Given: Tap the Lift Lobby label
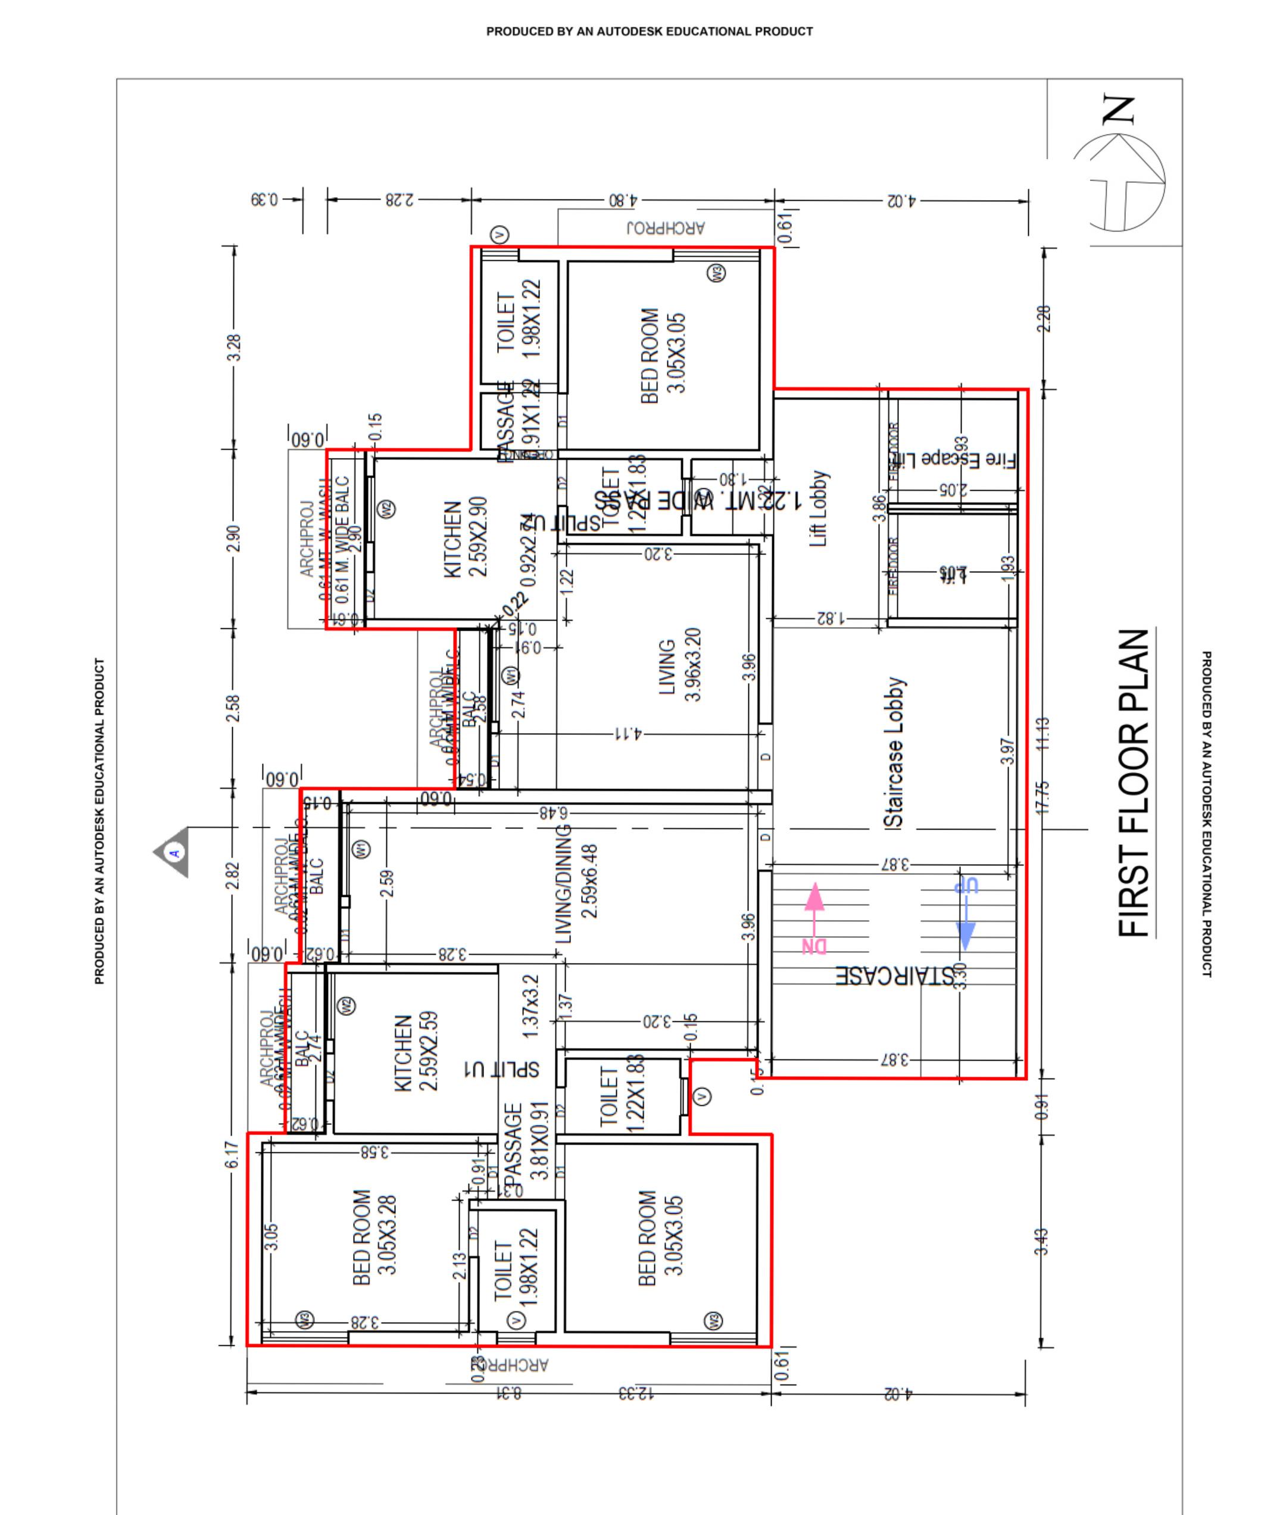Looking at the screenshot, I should [819, 508].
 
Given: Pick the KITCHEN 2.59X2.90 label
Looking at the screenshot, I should [465, 538].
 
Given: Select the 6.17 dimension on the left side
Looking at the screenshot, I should [231, 1154].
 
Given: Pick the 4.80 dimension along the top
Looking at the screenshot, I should [623, 199].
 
